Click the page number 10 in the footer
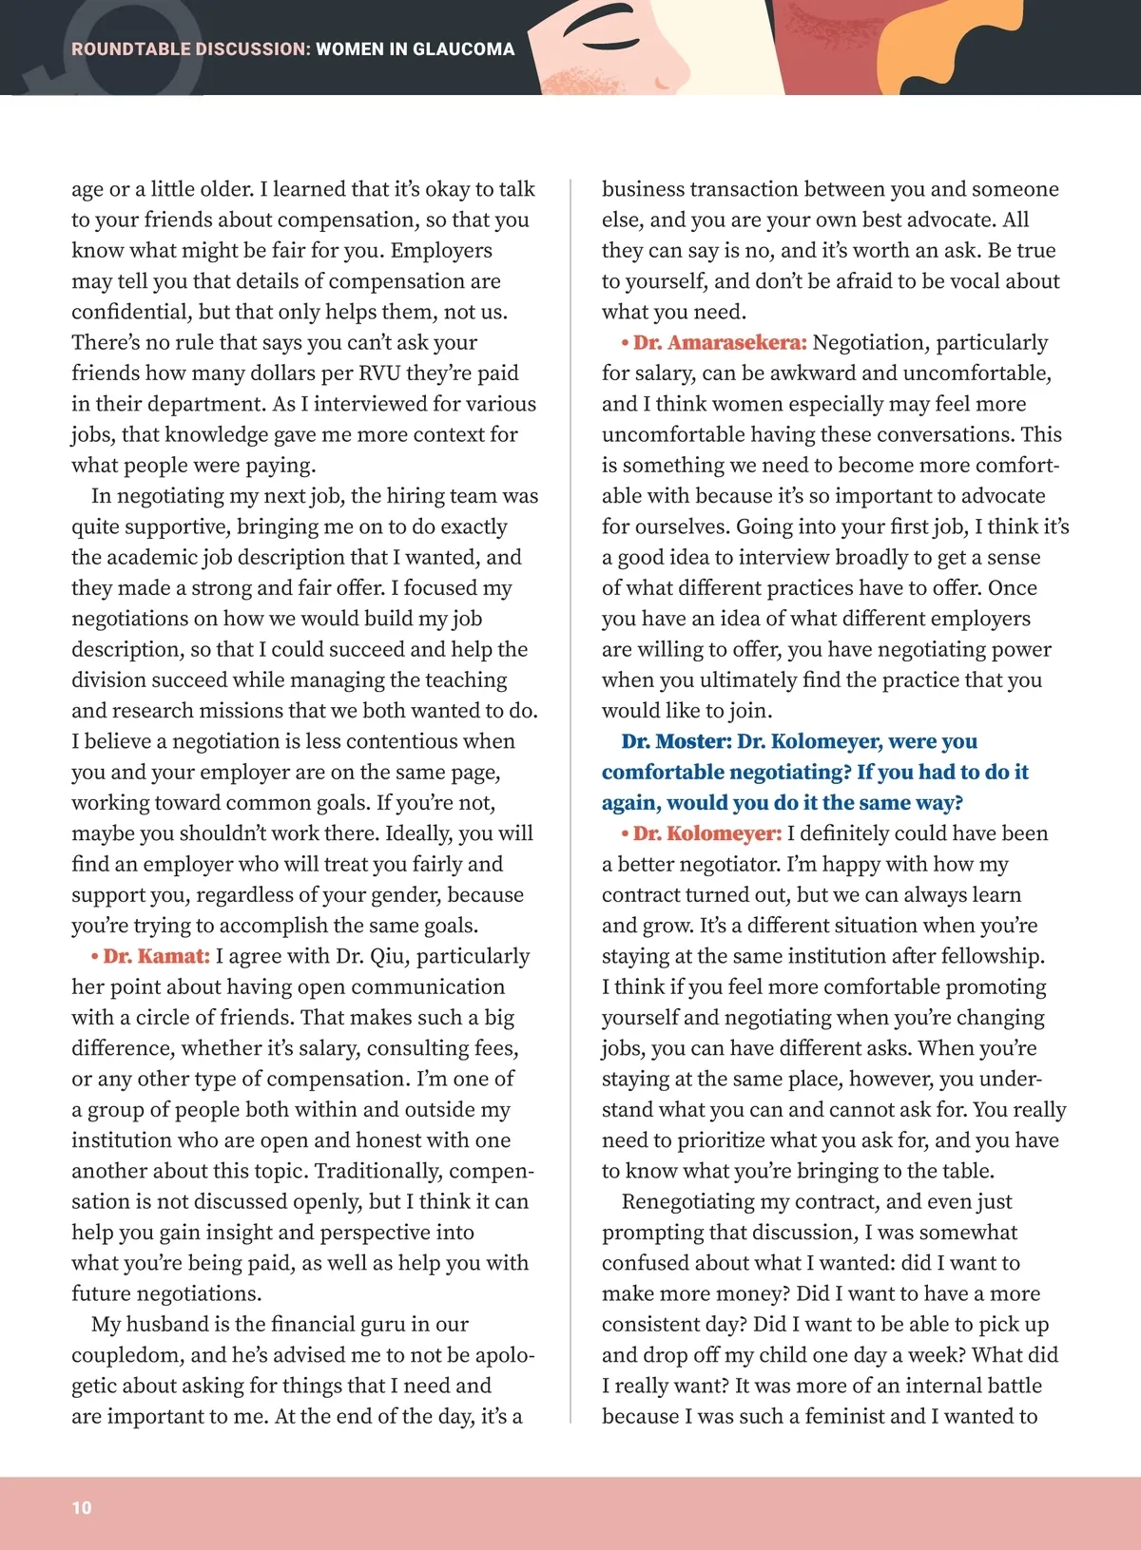[x=82, y=1507]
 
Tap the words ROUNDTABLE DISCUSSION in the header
[x=190, y=49]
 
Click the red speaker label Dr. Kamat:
[x=156, y=956]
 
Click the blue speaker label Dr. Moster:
[x=676, y=741]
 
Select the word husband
[x=178, y=1324]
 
